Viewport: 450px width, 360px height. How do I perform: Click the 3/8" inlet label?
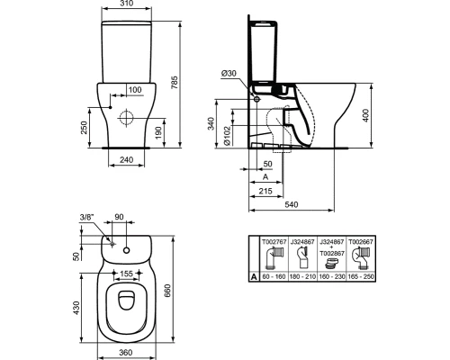(x=86, y=218)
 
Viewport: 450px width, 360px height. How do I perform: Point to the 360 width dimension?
(x=128, y=353)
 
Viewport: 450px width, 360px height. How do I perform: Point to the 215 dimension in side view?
(x=265, y=192)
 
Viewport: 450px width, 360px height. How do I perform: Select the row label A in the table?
(x=253, y=279)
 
